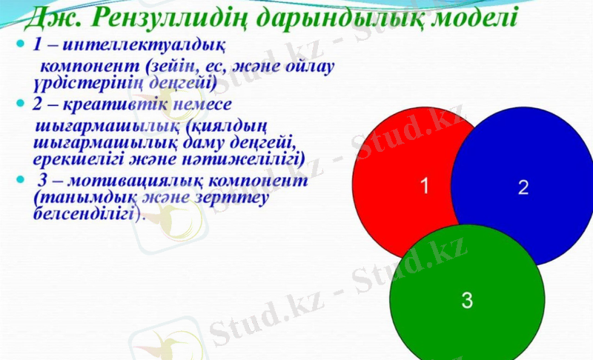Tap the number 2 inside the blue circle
coord(523,187)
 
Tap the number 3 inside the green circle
coord(467,300)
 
